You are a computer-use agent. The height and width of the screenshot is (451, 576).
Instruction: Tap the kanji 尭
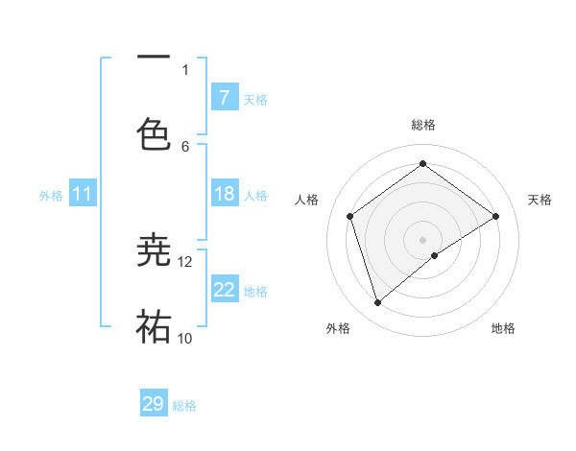[155, 249]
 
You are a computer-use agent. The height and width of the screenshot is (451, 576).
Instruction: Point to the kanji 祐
[155, 326]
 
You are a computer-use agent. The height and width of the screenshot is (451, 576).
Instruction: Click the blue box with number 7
[224, 97]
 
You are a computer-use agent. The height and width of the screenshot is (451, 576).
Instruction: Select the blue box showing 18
[224, 195]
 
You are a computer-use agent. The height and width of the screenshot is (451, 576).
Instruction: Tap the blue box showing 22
[224, 291]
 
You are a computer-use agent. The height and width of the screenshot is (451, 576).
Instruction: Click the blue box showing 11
[83, 195]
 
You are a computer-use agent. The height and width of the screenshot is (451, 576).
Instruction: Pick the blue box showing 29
[154, 404]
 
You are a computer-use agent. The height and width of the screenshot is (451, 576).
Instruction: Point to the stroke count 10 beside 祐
[185, 338]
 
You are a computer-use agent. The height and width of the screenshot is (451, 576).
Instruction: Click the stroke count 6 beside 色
[185, 146]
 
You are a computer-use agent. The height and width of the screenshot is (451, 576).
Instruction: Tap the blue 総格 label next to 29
[184, 406]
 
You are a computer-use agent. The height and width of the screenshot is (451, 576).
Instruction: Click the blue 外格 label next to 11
[51, 196]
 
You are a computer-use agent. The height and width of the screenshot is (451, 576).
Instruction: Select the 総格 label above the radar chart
[422, 125]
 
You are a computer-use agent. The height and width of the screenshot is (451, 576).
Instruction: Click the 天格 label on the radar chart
[540, 200]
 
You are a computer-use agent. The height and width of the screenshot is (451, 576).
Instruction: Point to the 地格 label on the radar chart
[503, 328]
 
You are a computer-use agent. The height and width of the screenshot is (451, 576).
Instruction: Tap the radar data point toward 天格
[495, 216]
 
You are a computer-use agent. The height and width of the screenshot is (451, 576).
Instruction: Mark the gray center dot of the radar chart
[422, 239]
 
